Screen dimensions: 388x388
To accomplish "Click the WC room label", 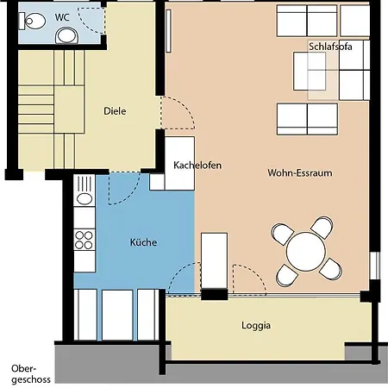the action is pyautogui.click(x=62, y=17).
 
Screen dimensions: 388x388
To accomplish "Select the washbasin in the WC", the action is pyautogui.click(x=67, y=35).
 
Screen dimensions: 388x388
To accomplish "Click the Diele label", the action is pyautogui.click(x=115, y=111).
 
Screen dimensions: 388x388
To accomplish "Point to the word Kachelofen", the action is pyautogui.click(x=197, y=166).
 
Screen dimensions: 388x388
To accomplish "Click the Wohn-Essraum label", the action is pyautogui.click(x=300, y=173).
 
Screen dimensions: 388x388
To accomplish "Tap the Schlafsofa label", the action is pyautogui.click(x=330, y=47).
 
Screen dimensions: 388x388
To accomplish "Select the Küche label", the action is pyautogui.click(x=143, y=242).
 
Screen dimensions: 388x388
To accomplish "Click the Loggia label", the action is pyautogui.click(x=256, y=326).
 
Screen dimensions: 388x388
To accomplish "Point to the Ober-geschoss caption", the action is pyautogui.click(x=31, y=374).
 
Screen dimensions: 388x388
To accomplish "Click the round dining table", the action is pyautogui.click(x=306, y=252).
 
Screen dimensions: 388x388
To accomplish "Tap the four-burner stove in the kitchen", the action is pyautogui.click(x=84, y=240).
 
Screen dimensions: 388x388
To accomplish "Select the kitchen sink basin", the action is pyautogui.click(x=84, y=198).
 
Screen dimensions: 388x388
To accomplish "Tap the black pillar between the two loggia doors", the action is pyautogui.click(x=214, y=295).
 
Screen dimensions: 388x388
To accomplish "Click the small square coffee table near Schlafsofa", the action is pyautogui.click(x=310, y=71).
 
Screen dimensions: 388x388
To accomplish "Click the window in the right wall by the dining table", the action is pyautogui.click(x=374, y=266).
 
